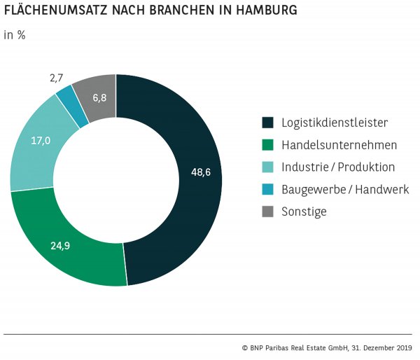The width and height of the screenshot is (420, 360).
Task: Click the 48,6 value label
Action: pyautogui.click(x=200, y=172)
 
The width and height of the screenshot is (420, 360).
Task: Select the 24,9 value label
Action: pyautogui.click(x=61, y=246)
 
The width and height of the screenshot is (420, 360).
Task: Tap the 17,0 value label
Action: pyautogui.click(x=41, y=141)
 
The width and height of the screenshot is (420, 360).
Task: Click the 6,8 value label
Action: pyautogui.click(x=99, y=97)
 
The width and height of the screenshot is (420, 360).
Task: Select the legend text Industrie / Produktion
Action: pyautogui.click(x=338, y=167)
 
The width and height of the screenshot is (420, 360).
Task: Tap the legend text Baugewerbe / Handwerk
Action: pyautogui.click(x=344, y=189)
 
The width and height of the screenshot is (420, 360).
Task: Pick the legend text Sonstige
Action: pyautogui.click(x=304, y=211)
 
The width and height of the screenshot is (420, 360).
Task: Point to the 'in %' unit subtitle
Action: pyautogui.click(x=15, y=36)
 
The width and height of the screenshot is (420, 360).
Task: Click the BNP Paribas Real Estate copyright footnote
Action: pyautogui.click(x=328, y=347)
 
